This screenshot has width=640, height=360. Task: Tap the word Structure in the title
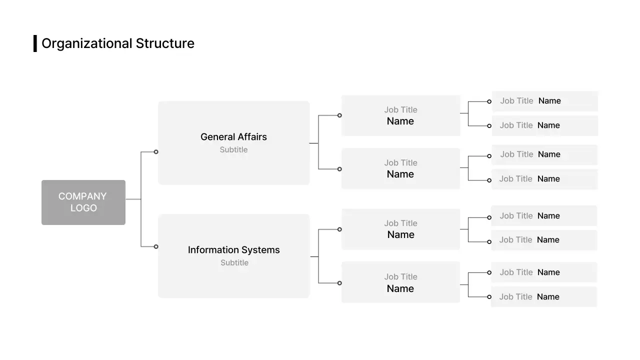tap(165, 43)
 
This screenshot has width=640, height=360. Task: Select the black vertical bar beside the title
tap(35, 43)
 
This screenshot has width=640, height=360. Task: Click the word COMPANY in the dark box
tap(82, 196)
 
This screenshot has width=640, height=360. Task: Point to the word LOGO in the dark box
tap(83, 208)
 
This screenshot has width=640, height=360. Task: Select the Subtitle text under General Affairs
tap(233, 149)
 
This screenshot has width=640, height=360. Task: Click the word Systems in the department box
tap(263, 249)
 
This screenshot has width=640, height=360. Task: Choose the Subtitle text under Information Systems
tap(234, 262)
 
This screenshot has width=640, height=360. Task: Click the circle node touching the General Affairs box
tap(156, 151)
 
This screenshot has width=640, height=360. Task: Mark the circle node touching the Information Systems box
tap(156, 246)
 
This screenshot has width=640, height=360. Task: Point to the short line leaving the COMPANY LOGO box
tap(133, 199)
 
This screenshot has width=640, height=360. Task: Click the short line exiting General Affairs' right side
tap(314, 143)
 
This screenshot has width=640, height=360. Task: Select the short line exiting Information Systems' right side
tap(314, 257)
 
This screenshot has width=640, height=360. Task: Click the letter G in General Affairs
tap(204, 136)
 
